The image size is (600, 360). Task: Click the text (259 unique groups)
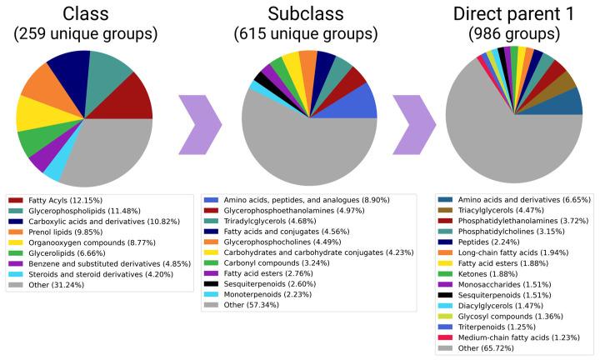click(x=83, y=35)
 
